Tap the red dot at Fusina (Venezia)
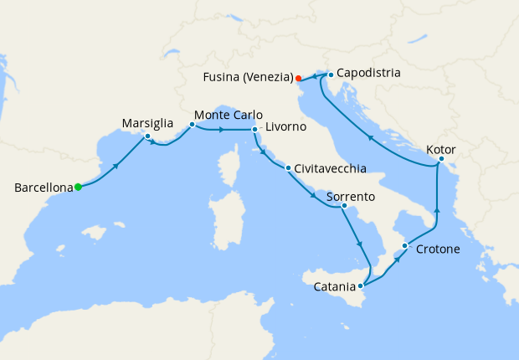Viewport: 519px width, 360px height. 298,79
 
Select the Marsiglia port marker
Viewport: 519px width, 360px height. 147,136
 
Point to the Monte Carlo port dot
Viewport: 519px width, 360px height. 192,125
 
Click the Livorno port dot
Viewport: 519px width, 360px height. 254,130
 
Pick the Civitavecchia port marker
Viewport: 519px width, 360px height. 288,168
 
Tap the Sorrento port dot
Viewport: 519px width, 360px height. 344,204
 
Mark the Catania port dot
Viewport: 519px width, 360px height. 361,285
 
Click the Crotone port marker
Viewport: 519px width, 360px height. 405,245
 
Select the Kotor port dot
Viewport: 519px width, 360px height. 441,158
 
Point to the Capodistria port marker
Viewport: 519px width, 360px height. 331,75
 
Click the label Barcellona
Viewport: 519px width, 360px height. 43,188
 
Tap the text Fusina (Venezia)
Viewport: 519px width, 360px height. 247,78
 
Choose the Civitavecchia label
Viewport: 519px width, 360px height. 331,168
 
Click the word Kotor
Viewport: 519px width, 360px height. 441,148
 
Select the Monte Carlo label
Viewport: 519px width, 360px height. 229,115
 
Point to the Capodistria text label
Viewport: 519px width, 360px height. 368,73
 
